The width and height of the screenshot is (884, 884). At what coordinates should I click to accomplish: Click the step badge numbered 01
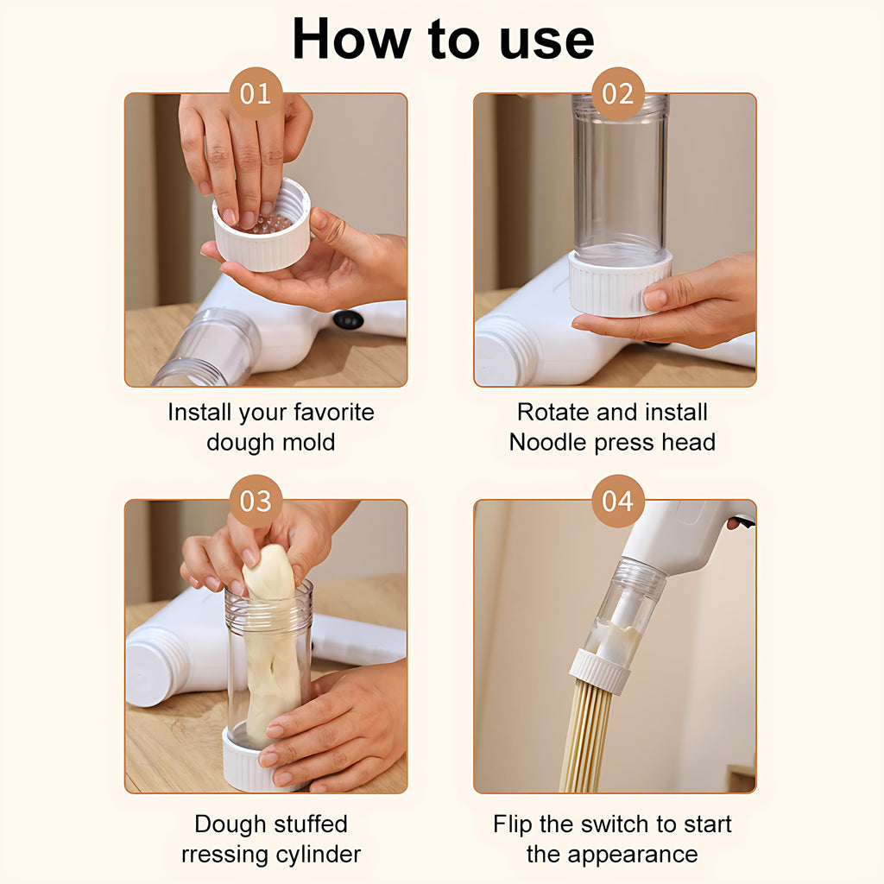pos(256,93)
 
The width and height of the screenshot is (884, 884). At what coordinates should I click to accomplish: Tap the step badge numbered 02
pos(618,93)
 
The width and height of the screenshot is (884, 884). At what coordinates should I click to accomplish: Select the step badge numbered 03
pos(256,501)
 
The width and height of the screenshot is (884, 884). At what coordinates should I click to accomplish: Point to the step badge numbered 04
pos(618,501)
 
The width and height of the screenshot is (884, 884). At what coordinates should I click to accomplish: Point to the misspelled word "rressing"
pos(224,856)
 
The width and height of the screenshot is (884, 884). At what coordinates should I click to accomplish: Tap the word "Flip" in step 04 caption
pos(512,824)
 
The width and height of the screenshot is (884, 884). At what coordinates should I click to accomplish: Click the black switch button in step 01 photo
pos(348,319)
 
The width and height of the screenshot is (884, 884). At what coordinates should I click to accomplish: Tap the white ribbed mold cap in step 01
pos(262,227)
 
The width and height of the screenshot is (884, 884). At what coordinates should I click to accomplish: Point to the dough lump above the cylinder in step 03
pos(269,571)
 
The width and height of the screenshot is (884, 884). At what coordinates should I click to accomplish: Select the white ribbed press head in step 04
pos(599,672)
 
